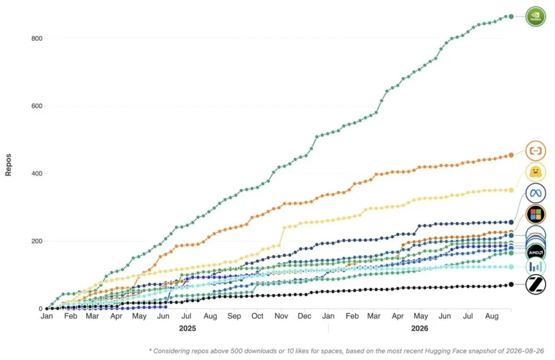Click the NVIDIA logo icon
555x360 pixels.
(x=535, y=16)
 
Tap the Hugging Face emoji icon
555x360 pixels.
(x=535, y=172)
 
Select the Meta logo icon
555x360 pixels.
(x=535, y=193)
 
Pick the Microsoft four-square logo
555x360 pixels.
(x=535, y=214)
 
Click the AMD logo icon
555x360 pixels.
(x=535, y=253)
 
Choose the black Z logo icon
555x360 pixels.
(x=535, y=285)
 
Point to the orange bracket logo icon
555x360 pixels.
(x=535, y=151)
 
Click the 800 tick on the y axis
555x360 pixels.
(x=37, y=39)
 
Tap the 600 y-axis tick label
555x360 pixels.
(x=37, y=106)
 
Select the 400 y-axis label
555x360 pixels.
(x=37, y=174)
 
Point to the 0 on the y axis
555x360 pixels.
(x=41, y=309)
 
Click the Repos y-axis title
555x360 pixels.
(x=8, y=165)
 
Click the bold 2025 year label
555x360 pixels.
(x=187, y=329)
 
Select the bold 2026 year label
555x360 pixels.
(x=419, y=329)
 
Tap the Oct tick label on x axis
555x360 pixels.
(x=257, y=316)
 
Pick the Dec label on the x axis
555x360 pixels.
(x=304, y=316)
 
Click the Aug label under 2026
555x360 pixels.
(x=492, y=316)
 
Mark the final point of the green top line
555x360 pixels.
(x=511, y=16)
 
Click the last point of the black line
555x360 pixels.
(x=511, y=285)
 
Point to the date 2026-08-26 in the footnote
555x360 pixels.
(x=525, y=351)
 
